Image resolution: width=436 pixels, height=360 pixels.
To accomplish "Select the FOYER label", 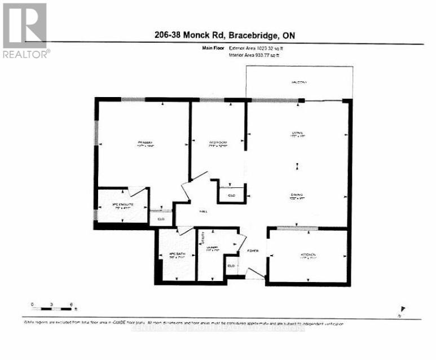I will pyautogui.click(x=253, y=251).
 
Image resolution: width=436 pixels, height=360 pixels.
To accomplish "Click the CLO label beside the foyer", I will pyautogui.click(x=231, y=265).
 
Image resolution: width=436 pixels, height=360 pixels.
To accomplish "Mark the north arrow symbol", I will pyautogui.click(x=402, y=309).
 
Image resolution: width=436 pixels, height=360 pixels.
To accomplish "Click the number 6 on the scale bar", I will pyautogui.click(x=71, y=305).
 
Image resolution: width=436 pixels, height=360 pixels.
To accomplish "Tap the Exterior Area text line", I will pyautogui.click(x=261, y=49).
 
